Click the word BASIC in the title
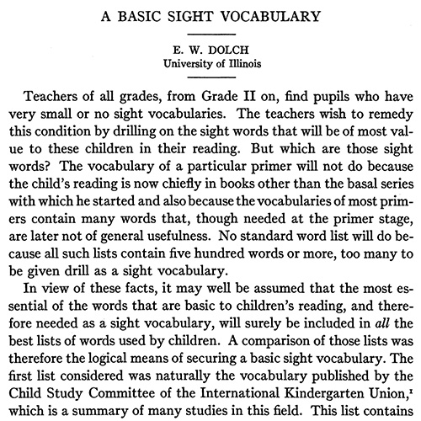161,15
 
